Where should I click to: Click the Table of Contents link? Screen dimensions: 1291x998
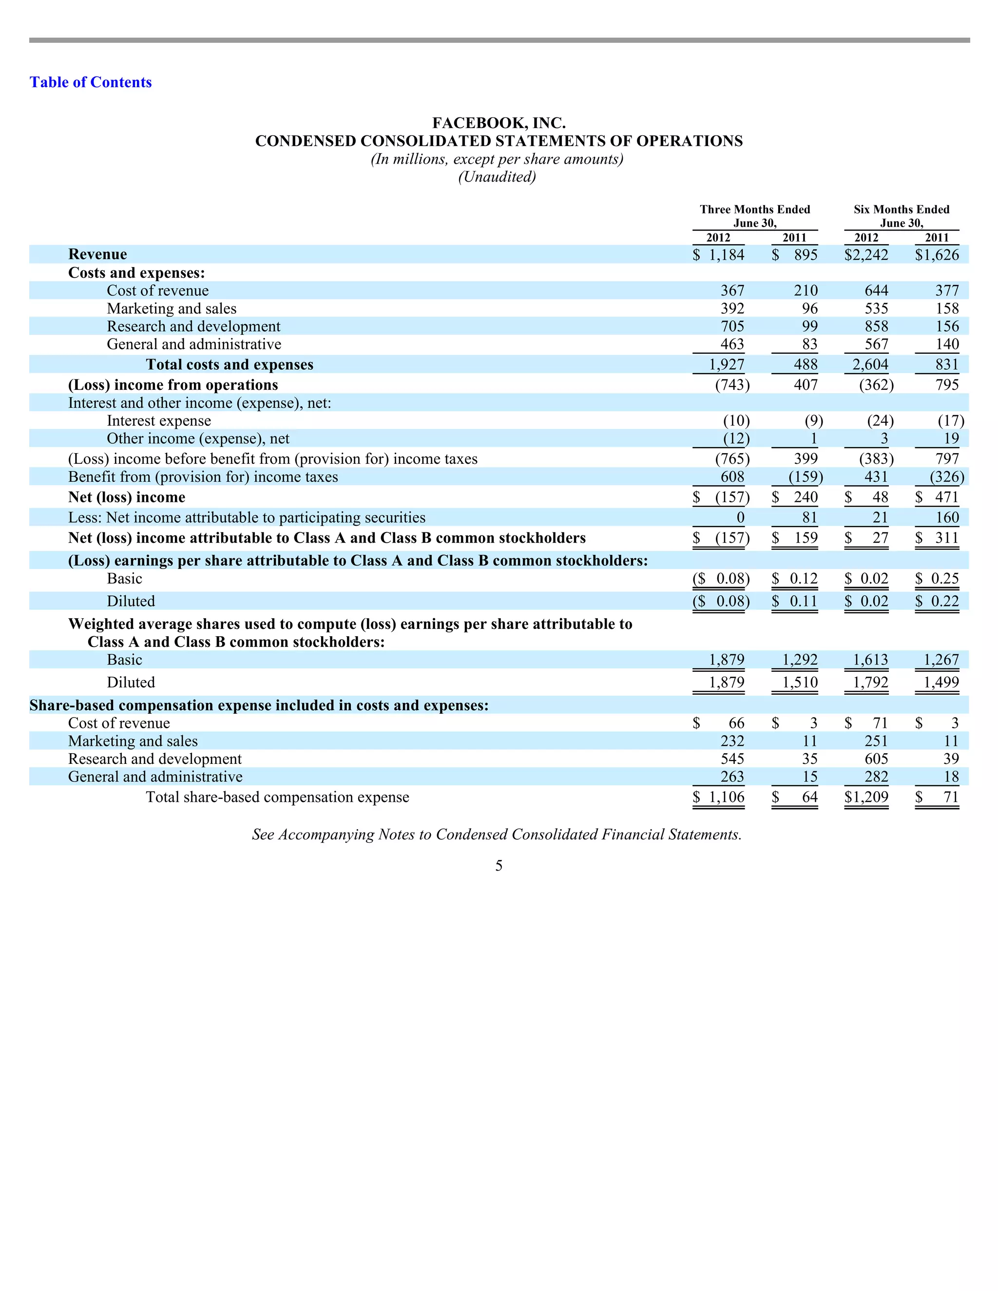91,82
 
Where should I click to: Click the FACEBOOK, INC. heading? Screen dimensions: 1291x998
499,123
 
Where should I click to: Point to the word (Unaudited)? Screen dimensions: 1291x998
497,177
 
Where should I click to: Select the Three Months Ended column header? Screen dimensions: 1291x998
754,209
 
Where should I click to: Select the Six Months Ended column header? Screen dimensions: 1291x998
901,209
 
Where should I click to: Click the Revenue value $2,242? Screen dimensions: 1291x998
866,255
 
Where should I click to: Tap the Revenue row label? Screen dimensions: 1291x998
97,254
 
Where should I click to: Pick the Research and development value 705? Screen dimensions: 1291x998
732,326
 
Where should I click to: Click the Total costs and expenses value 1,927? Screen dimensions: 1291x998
727,365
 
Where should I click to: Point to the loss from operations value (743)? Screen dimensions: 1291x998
732,385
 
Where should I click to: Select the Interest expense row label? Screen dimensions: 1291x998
158,421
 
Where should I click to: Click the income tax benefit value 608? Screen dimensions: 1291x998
732,477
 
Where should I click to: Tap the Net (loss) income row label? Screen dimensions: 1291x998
127,497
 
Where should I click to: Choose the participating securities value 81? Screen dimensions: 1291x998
809,518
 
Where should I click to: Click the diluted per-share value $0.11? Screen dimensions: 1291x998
795,601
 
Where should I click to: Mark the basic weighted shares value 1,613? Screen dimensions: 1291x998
870,660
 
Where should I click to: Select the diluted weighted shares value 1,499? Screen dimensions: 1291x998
940,683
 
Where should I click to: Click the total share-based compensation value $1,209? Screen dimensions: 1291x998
866,797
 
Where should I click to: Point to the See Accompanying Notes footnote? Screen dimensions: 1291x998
497,835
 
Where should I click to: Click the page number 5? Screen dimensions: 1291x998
499,866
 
